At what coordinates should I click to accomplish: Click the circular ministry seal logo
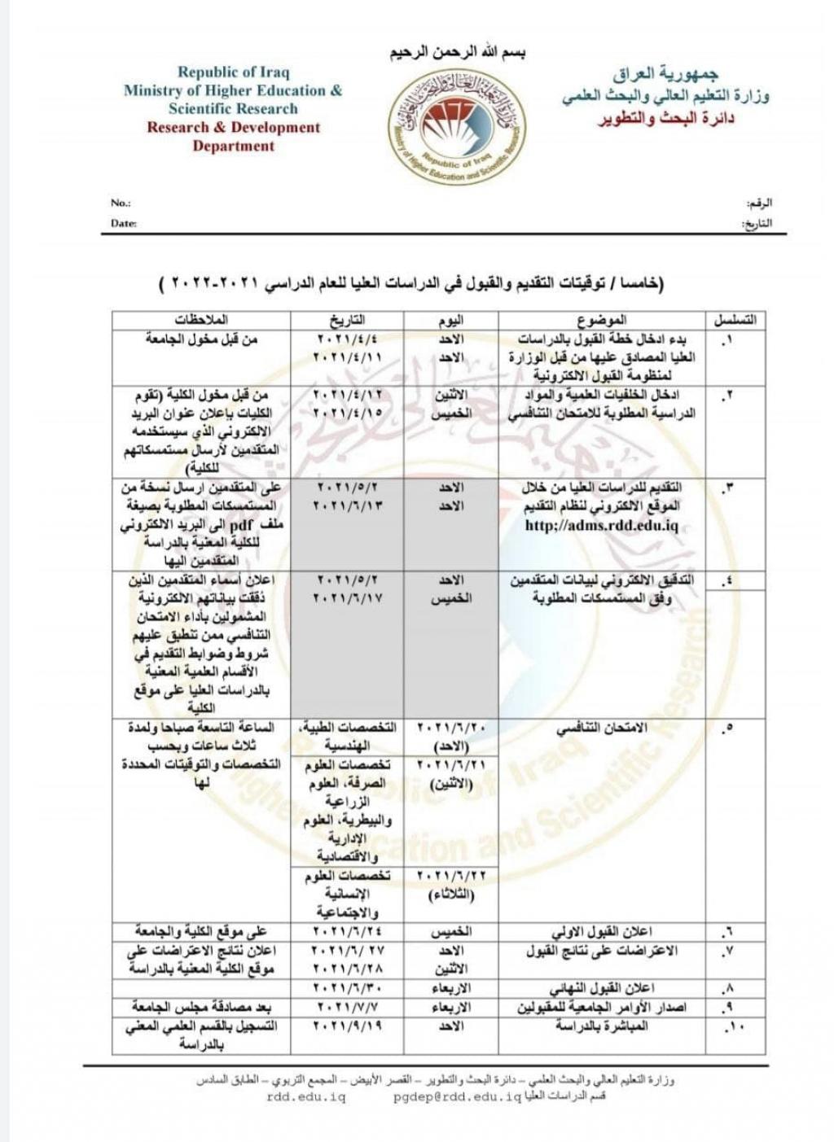(456, 125)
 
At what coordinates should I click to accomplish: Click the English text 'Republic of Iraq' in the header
(234, 72)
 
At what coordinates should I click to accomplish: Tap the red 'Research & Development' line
(234, 127)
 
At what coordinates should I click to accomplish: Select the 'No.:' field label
(121, 203)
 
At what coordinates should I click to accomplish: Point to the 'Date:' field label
(124, 223)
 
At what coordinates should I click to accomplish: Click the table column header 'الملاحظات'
(201, 320)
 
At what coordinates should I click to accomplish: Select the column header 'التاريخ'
(347, 320)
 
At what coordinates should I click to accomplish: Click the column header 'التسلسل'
(735, 320)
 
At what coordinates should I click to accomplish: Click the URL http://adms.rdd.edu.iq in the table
(602, 525)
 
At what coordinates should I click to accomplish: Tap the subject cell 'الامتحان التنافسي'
(602, 729)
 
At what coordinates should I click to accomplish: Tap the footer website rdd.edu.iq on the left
(306, 1097)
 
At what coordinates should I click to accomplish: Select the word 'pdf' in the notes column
(242, 525)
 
